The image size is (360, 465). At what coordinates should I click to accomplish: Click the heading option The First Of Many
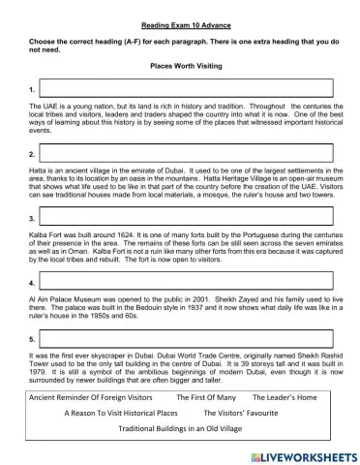(x=205, y=397)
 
